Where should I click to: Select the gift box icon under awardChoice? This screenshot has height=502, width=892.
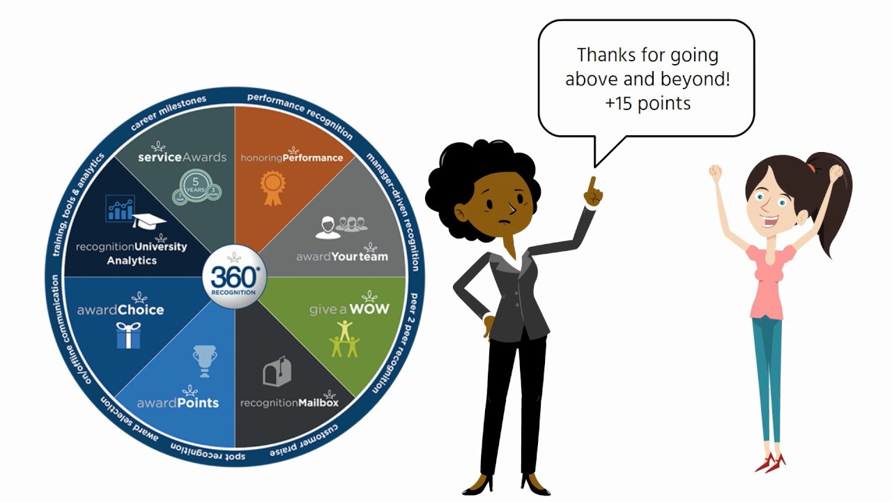point(128,335)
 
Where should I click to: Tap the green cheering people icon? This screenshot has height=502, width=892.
point(344,339)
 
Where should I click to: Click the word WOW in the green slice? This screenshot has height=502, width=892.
point(369,308)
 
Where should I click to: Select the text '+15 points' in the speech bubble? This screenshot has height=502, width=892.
point(647,103)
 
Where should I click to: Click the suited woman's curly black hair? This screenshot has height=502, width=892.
point(474,167)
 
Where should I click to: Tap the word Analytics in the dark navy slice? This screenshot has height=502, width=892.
point(132,261)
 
